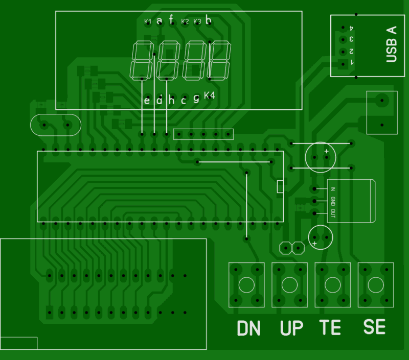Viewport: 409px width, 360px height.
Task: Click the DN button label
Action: (249, 328)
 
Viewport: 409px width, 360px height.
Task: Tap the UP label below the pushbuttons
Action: (292, 328)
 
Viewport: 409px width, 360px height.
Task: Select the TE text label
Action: (330, 327)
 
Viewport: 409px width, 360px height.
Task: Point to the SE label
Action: (374, 327)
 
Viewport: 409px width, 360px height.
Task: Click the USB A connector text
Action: (391, 44)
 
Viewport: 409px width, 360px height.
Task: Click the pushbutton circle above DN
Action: (246, 284)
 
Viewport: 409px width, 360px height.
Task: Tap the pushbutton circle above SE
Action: (376, 284)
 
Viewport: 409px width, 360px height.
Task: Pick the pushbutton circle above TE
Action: (332, 284)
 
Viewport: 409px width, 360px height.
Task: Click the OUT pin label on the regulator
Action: (333, 213)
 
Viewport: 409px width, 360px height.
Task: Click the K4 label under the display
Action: (210, 95)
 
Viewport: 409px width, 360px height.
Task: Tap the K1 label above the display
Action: (148, 21)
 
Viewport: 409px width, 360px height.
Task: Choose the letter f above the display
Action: (171, 20)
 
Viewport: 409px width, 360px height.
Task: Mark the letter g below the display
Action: (196, 98)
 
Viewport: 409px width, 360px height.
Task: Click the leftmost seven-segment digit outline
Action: (141, 60)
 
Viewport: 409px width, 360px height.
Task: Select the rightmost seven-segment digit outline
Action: (218, 60)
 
